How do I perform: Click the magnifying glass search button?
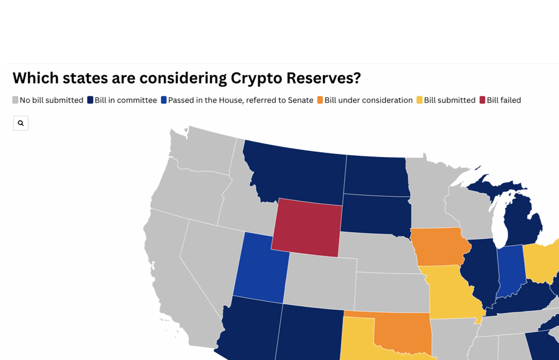click(20, 123)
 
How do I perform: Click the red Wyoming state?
click(307, 227)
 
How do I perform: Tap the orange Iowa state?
click(439, 246)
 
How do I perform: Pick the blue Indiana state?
click(511, 270)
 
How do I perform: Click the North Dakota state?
click(377, 176)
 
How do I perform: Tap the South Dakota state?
click(376, 215)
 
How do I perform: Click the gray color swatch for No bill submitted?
click(16, 100)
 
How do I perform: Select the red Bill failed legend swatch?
click(483, 100)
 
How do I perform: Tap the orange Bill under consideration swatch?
click(320, 100)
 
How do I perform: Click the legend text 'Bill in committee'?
click(126, 100)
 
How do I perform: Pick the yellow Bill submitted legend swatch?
click(420, 100)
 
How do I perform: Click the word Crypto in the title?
click(257, 78)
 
